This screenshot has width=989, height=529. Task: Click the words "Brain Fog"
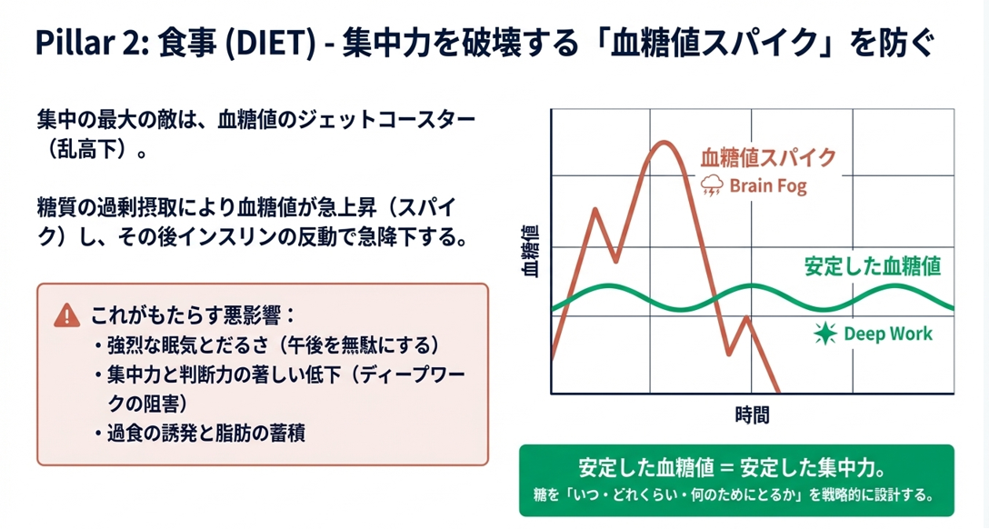[768, 186]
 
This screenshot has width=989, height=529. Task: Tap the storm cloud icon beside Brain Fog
[712, 186]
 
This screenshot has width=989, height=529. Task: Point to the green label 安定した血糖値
[872, 266]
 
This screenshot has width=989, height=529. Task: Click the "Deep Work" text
[888, 334]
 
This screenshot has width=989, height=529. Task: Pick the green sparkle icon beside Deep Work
[824, 334]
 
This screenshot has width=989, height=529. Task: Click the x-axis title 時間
[752, 415]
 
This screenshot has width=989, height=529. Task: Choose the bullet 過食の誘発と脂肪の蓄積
[205, 433]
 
